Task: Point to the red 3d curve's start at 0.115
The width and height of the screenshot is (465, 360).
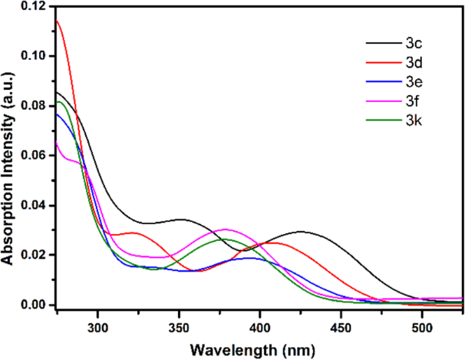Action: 58,20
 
